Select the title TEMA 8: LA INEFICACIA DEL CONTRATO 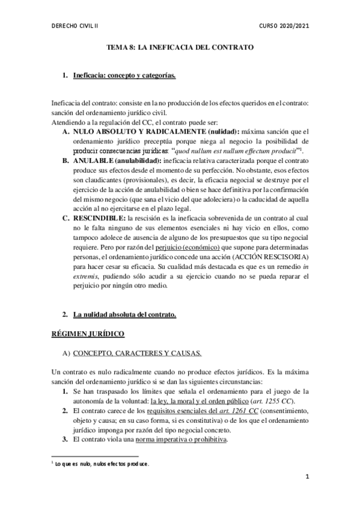(x=180, y=46)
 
